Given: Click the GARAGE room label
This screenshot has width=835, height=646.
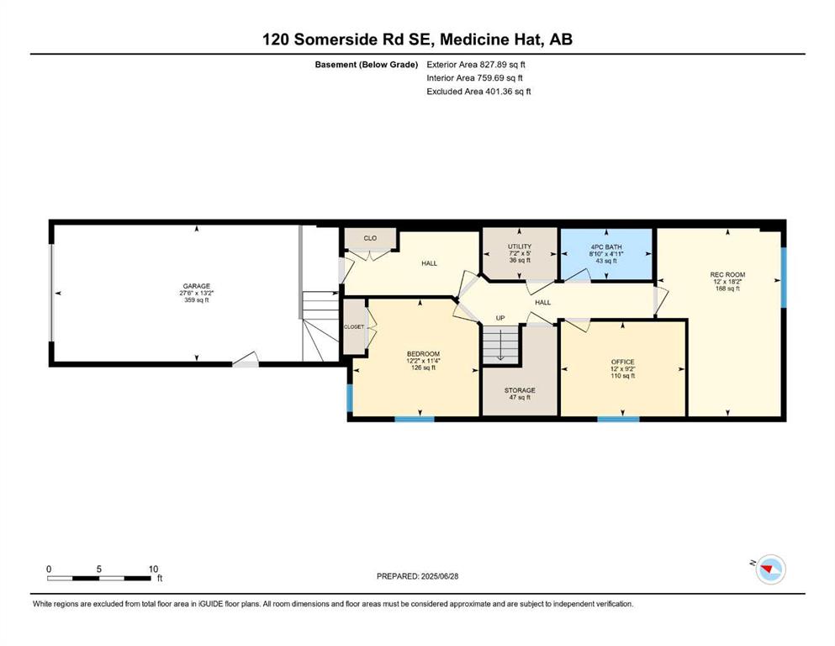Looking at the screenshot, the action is point(197,286).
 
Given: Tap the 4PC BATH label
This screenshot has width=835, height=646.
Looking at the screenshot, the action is point(606,247).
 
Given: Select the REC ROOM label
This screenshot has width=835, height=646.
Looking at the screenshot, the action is point(727,275).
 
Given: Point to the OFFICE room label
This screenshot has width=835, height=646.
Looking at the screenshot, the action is point(622,363).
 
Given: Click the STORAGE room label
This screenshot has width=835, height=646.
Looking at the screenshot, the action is point(520,390).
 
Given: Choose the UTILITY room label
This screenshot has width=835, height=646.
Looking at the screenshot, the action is point(519,246).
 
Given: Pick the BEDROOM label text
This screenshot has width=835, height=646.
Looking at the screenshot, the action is point(423,354).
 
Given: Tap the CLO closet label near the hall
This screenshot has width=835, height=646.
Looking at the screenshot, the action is point(370,238).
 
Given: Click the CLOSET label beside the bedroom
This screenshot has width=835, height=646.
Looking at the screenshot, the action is point(354,327).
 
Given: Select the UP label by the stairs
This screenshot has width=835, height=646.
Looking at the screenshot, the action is point(500,318).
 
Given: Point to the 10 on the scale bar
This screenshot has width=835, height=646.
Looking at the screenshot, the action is point(153,569).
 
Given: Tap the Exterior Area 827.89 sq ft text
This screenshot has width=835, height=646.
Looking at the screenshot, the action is point(476,65).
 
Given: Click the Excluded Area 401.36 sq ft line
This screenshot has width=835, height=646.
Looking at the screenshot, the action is point(478,91).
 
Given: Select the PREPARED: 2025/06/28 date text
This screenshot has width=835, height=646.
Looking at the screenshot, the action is point(417,576).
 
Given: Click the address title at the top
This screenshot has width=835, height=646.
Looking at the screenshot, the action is point(417,39).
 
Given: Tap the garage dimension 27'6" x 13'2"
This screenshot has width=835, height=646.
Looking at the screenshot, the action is point(197,293).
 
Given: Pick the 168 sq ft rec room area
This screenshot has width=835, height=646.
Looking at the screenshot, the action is point(727,289).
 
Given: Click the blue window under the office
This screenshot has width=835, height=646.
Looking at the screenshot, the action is point(618,419).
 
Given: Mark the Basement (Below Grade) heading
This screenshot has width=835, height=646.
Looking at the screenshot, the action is point(367,65).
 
